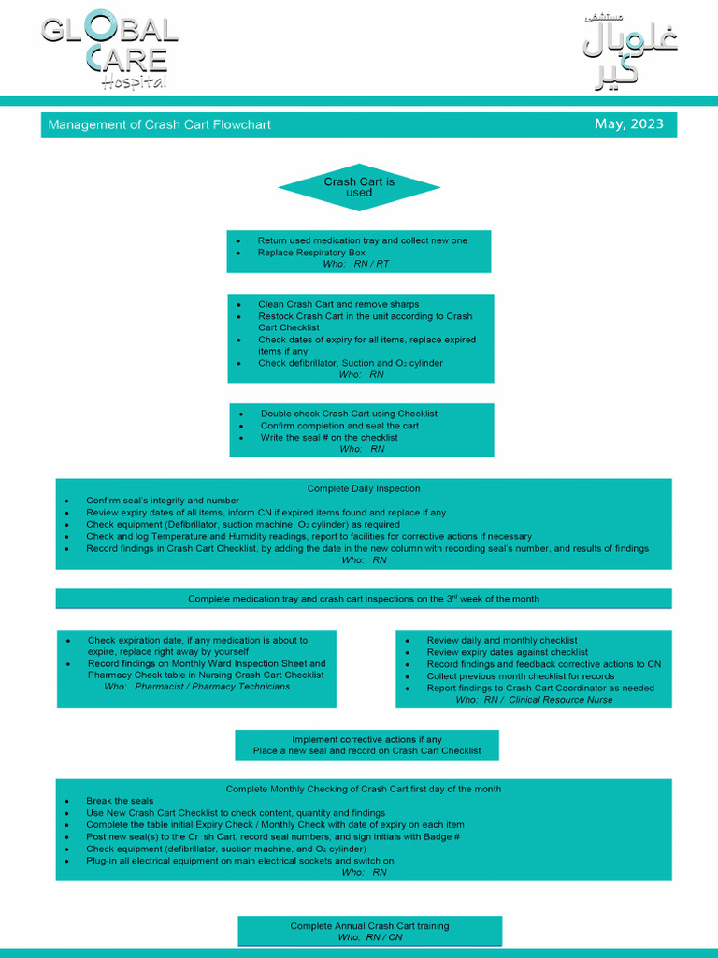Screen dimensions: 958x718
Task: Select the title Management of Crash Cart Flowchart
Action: click(160, 125)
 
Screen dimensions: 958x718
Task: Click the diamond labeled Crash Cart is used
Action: click(359, 187)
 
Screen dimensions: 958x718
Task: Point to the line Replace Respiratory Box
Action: click(311, 253)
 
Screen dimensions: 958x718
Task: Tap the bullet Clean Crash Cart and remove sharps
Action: click(338, 304)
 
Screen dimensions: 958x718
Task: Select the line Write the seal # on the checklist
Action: click(328, 437)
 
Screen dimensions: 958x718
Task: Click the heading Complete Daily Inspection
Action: click(364, 488)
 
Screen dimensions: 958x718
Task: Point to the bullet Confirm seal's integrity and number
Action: click(162, 501)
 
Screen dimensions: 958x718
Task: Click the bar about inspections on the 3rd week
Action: click(364, 599)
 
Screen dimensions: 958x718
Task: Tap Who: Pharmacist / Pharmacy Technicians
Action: click(197, 686)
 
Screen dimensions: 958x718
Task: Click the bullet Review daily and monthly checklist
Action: click(502, 641)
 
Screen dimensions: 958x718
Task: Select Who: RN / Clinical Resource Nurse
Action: click(534, 700)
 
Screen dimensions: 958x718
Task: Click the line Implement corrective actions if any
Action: click(366, 739)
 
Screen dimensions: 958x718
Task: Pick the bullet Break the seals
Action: click(120, 801)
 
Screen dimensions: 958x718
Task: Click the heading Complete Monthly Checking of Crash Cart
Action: click(364, 789)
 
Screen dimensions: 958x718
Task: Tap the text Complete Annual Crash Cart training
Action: click(369, 926)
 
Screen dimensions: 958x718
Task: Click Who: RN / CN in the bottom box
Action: click(370, 936)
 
